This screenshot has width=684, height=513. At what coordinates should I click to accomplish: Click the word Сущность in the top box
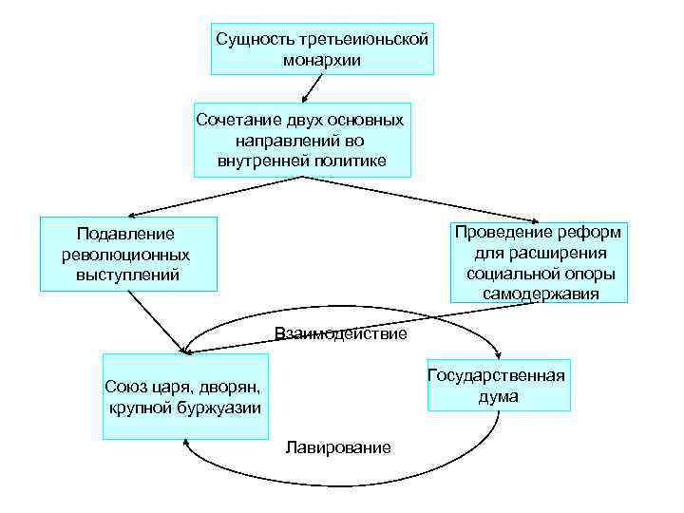(x=250, y=40)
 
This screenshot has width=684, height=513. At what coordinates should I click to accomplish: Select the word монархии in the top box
(x=321, y=60)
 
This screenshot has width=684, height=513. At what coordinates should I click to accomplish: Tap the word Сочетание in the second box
(x=234, y=120)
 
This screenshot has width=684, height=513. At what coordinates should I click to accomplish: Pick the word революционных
(x=125, y=255)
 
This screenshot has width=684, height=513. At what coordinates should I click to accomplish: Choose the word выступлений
(x=126, y=275)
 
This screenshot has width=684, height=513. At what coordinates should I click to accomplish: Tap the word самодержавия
(x=540, y=294)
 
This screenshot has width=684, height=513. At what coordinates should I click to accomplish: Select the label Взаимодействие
(x=340, y=333)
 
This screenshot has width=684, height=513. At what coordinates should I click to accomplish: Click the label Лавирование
(x=337, y=447)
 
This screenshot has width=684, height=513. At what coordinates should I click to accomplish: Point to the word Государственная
(x=496, y=374)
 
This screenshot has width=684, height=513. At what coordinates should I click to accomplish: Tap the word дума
(x=498, y=396)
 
